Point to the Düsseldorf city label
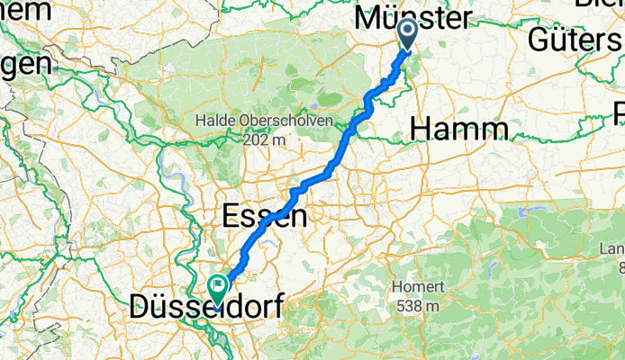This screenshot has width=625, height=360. click(205, 307)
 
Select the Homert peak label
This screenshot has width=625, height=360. click(418, 287)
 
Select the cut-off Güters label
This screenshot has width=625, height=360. click(575, 40)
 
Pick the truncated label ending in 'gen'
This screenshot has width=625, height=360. click(25, 65)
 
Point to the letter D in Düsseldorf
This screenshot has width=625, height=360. click(141, 307)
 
